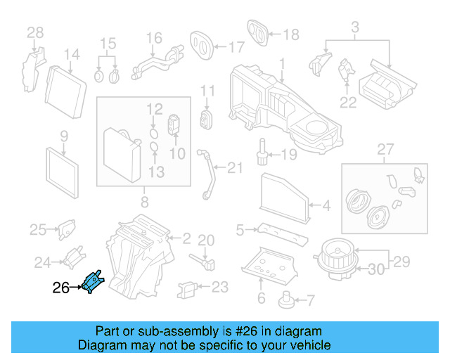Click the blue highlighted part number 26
click(x=92, y=283)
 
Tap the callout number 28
click(x=34, y=32)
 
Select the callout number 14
click(x=72, y=54)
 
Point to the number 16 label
click(x=153, y=37)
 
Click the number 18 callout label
click(x=290, y=34)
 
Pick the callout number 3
click(x=355, y=28)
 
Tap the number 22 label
click(x=348, y=103)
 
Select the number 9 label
click(x=63, y=136)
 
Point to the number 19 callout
click(x=290, y=154)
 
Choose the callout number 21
click(x=234, y=167)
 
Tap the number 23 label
click(x=220, y=287)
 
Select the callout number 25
click(x=37, y=229)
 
